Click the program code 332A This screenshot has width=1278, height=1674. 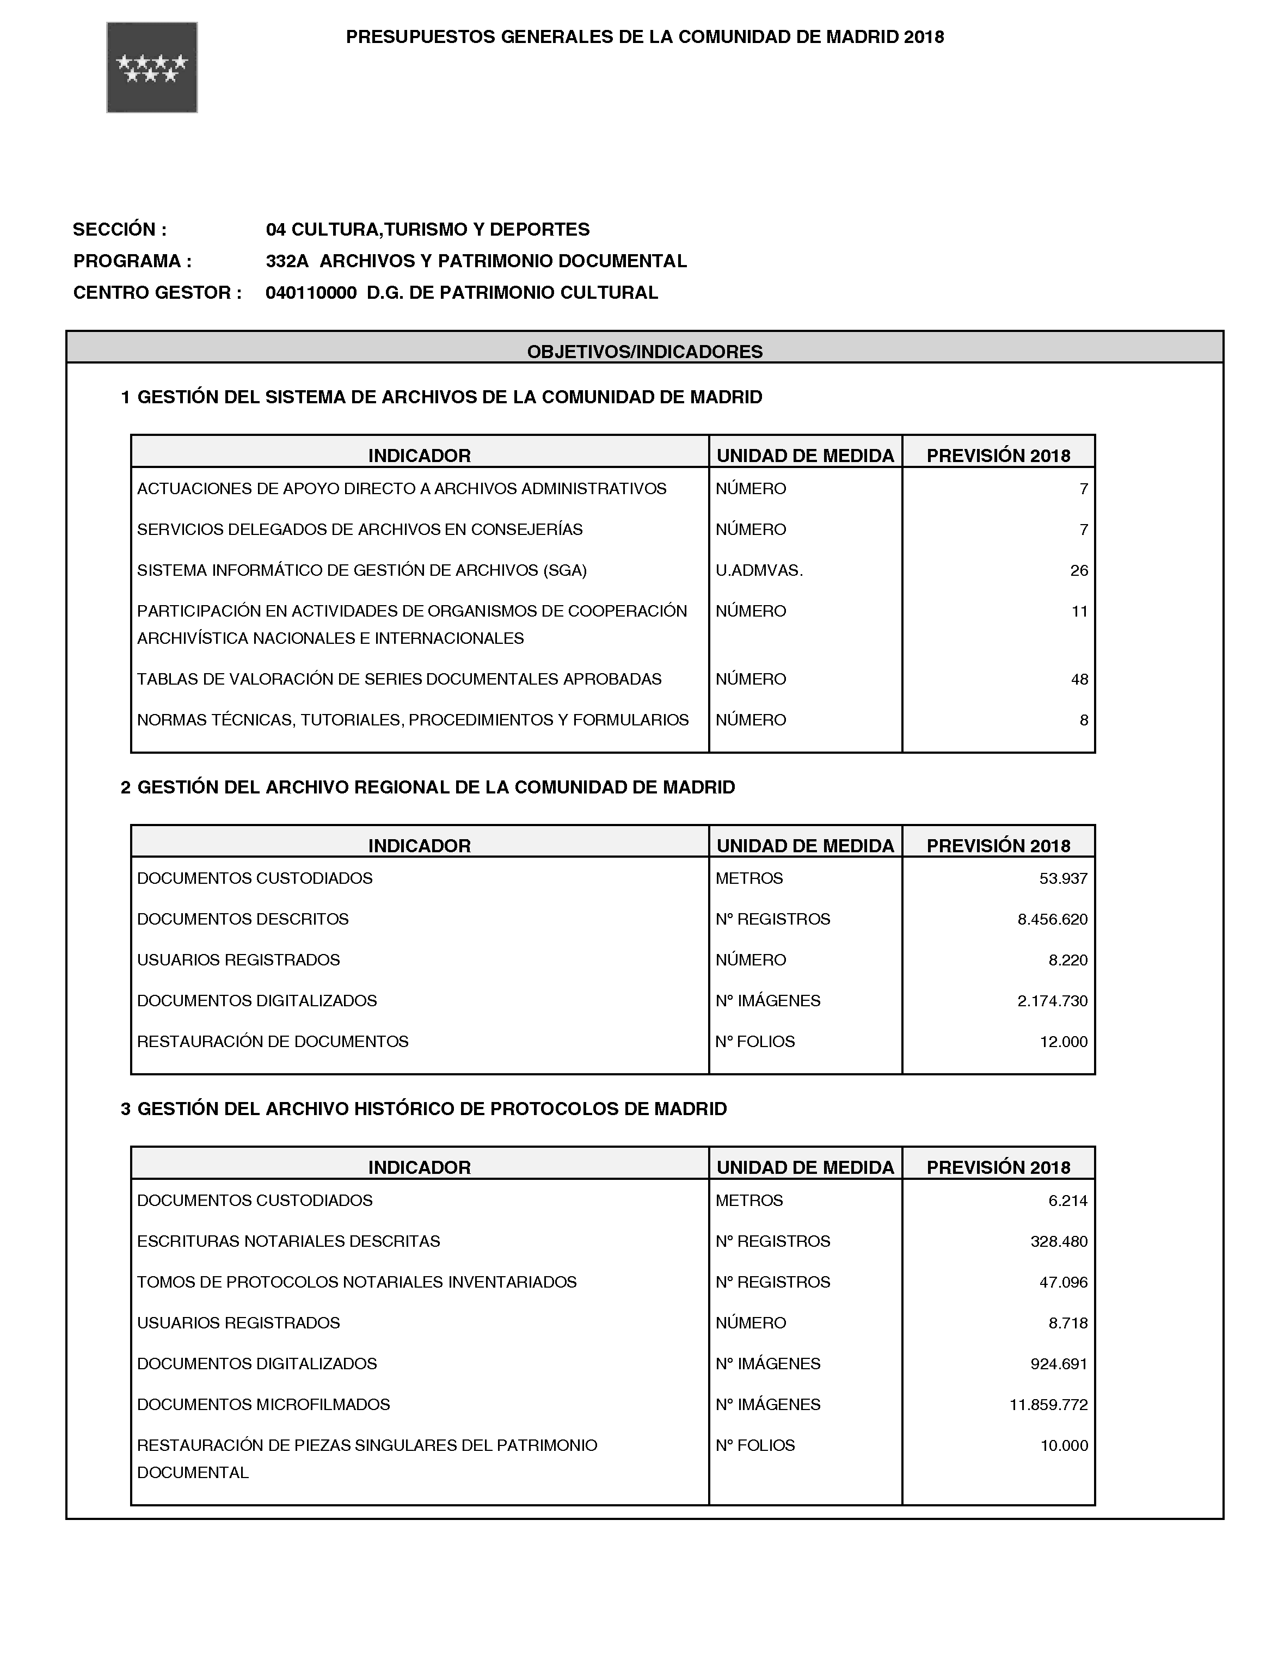coord(287,261)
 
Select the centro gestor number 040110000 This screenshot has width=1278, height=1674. coord(311,293)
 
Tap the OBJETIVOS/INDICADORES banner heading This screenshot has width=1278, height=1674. coord(644,352)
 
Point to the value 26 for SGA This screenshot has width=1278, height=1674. coord(1079,570)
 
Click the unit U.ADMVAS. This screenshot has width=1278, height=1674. coord(758,570)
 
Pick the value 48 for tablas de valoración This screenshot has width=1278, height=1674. coord(1079,679)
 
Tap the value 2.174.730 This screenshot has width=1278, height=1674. coord(1052,1001)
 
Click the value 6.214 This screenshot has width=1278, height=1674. coord(1067,1201)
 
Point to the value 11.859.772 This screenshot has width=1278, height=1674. coord(1048,1405)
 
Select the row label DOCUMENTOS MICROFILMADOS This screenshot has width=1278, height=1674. coord(263,1405)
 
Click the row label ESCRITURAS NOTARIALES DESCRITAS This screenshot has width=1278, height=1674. coord(288,1241)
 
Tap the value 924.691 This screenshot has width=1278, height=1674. coord(1058,1364)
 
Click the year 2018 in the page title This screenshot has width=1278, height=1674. coord(924,37)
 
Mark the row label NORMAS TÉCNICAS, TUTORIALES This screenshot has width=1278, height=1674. coord(413,720)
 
